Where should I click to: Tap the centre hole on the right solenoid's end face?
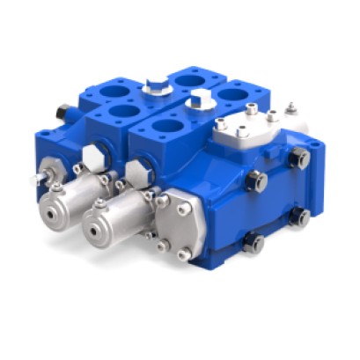click(97, 230)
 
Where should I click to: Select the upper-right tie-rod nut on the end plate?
click(299, 158)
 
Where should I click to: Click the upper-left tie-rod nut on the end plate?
click(257, 181)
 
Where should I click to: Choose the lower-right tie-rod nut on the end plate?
click(301, 217)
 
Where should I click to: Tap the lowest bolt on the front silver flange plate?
click(183, 255)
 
